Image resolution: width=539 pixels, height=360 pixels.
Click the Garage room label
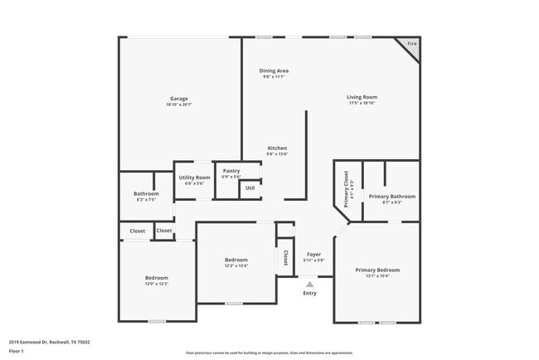pyautogui.click(x=179, y=99)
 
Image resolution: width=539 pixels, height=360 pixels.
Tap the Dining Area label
pyautogui.click(x=274, y=71)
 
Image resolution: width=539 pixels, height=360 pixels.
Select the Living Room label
pyautogui.click(x=362, y=98)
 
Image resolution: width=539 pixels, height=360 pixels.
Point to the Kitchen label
pyautogui.click(x=277, y=148)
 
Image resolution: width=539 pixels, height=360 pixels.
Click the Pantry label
pyautogui.click(x=231, y=171)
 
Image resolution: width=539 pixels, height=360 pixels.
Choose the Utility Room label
pyautogui.click(x=194, y=178)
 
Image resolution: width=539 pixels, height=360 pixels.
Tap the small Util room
pyautogui.click(x=250, y=189)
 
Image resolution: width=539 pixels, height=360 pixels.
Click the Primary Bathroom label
pyautogui.click(x=391, y=197)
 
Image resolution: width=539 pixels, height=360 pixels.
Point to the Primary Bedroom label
pyautogui.click(x=377, y=270)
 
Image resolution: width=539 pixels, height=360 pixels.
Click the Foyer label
pyautogui.click(x=313, y=255)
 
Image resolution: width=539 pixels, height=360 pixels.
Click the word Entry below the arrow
pyautogui.click(x=309, y=293)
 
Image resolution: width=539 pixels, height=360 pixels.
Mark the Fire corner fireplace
pyautogui.click(x=411, y=44)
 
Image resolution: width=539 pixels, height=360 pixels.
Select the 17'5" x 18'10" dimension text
pyautogui.click(x=362, y=104)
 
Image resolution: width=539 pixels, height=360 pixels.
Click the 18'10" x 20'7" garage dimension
pyautogui.click(x=179, y=105)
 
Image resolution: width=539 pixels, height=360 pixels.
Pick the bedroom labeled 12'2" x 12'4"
pyautogui.click(x=236, y=263)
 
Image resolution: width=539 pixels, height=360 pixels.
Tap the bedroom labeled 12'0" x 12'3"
pyautogui.click(x=157, y=280)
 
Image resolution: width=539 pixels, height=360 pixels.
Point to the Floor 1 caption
pyautogui.click(x=16, y=351)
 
